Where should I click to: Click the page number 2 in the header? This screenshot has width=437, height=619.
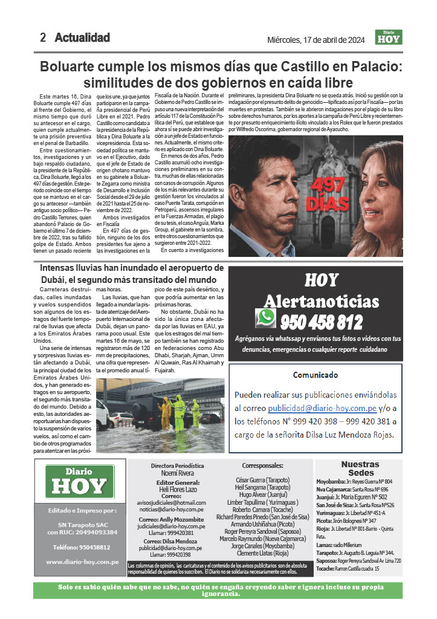[x=43, y=38]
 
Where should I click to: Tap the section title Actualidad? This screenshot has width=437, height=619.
[x=82, y=38]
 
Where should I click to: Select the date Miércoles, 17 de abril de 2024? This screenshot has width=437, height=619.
[x=316, y=41]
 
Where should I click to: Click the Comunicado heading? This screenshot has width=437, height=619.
[x=316, y=375]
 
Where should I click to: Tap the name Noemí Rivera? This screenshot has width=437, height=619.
[x=177, y=474]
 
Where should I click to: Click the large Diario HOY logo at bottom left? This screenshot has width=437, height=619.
[x=79, y=482]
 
